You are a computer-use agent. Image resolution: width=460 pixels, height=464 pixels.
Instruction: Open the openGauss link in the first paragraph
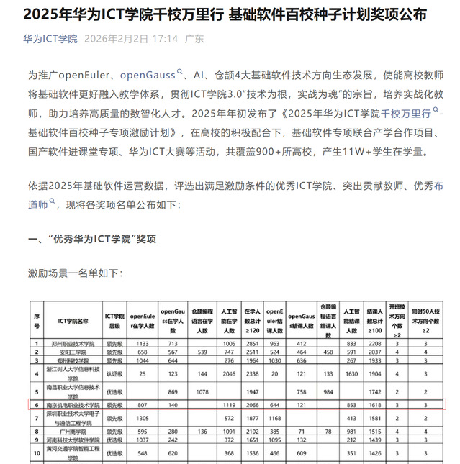click(148, 75)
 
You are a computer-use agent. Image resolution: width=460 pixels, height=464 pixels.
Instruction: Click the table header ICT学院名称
click(73, 319)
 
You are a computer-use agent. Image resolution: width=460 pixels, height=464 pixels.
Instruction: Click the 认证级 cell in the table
click(115, 374)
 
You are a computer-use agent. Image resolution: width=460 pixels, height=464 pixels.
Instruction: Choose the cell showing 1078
click(203, 391)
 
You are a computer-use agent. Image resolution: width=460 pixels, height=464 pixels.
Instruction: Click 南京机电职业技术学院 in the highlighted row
click(73, 406)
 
